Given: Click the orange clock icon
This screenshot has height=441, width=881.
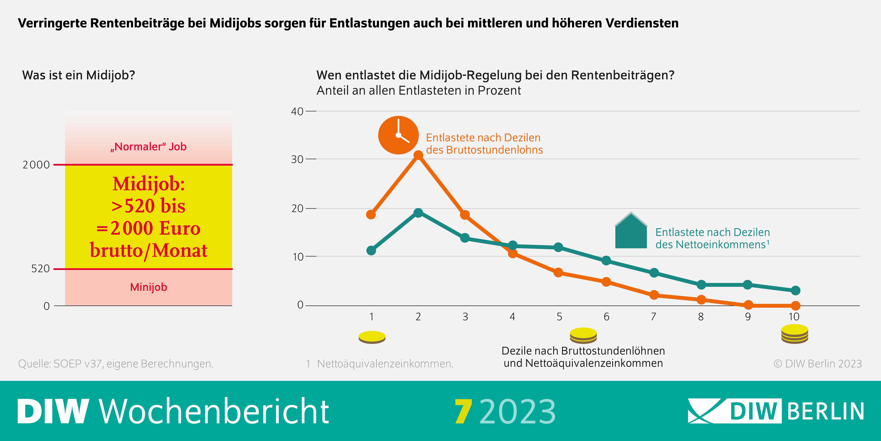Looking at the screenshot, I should (398, 135).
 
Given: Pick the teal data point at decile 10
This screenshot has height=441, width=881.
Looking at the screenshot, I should (795, 290).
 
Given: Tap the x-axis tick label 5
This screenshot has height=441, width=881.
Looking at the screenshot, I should (559, 317).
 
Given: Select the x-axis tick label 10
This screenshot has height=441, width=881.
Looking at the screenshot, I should (794, 317).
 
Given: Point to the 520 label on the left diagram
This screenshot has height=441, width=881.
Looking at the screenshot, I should (40, 269).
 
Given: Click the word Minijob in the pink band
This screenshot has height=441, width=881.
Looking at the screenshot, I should (148, 287).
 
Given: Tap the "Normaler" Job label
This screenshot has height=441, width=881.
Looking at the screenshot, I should (148, 147).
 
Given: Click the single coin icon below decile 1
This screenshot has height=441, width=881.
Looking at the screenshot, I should (372, 337).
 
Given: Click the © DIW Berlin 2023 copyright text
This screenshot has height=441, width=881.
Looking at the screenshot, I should (817, 364).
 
